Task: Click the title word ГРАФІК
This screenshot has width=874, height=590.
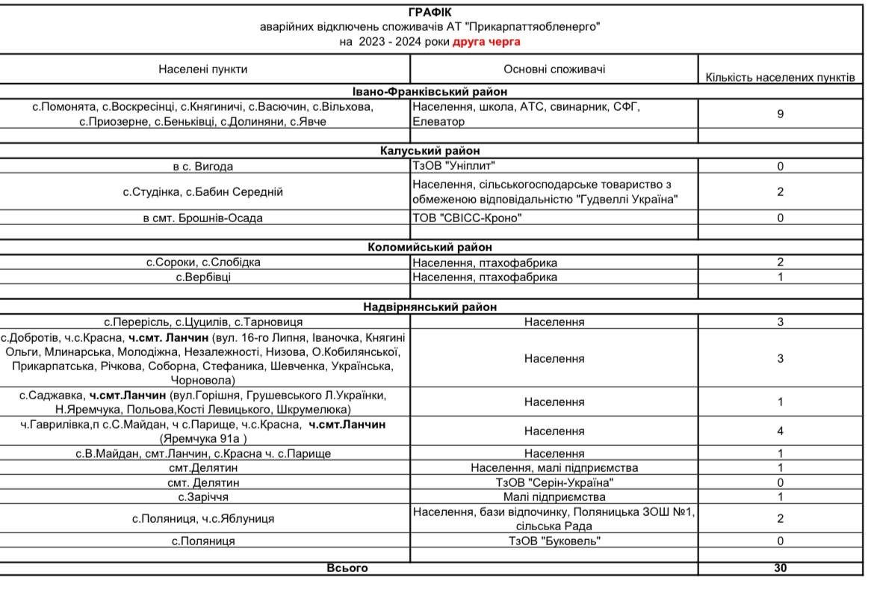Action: click(430, 12)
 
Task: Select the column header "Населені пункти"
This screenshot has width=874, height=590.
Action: click(203, 70)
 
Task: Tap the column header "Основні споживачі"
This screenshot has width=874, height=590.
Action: click(554, 70)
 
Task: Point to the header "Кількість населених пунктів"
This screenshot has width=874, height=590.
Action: click(781, 76)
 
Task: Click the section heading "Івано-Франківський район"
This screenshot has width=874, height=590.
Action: click(430, 91)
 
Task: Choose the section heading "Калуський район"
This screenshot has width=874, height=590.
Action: click(430, 151)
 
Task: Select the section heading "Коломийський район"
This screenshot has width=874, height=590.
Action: click(430, 248)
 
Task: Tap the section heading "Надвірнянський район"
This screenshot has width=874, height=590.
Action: click(430, 307)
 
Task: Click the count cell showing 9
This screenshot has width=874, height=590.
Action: click(781, 114)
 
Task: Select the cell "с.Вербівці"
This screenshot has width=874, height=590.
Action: click(203, 277)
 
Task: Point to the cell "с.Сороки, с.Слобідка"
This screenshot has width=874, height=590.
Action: click(203, 262)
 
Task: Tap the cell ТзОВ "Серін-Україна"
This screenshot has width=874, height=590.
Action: click(554, 482)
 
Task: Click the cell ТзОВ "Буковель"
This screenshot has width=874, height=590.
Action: click(554, 540)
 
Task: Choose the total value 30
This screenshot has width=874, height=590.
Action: click(781, 568)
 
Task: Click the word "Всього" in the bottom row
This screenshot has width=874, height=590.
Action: click(348, 568)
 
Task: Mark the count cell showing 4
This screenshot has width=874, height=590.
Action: click(781, 431)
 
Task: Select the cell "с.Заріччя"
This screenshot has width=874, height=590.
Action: click(203, 497)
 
